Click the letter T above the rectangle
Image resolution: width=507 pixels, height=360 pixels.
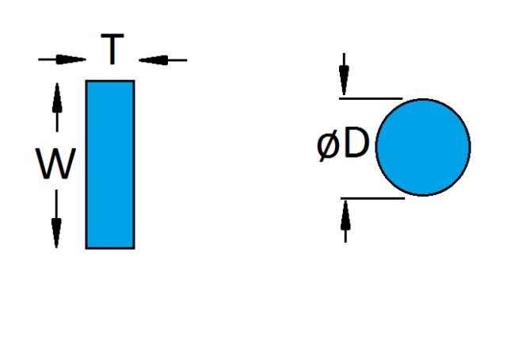(112, 52)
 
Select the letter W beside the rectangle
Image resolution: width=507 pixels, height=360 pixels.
(57, 165)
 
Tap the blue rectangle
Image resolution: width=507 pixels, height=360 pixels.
(110, 164)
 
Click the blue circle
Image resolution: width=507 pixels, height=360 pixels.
(423, 147)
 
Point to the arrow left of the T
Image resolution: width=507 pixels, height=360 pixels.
(62, 59)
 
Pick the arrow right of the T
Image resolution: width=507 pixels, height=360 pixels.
(162, 59)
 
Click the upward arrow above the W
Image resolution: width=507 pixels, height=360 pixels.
(57, 108)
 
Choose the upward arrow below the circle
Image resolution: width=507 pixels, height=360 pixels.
(345, 220)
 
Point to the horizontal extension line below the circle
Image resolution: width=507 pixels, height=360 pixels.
(372, 198)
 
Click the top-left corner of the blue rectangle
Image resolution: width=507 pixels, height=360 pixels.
(86, 81)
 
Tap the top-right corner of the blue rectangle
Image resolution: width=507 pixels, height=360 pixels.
(134, 81)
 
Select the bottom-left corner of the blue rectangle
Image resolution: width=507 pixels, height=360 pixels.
(86, 248)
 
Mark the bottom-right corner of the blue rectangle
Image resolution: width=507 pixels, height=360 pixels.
(134, 248)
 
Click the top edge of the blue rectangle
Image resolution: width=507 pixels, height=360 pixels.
(110, 81)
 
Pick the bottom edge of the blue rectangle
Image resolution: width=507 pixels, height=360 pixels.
(110, 248)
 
